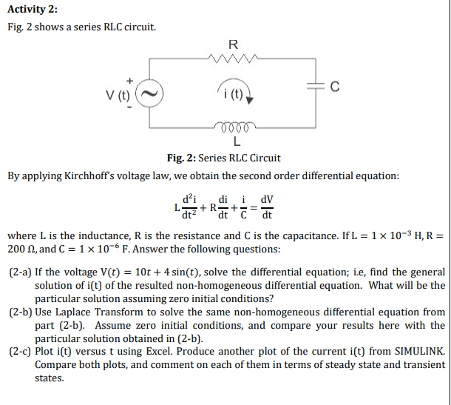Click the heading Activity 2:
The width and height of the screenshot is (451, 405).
pos(32,9)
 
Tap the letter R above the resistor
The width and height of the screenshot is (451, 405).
pos(234,44)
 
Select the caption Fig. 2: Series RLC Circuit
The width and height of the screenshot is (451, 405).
pos(223,158)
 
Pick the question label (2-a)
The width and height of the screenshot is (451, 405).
pos(20,272)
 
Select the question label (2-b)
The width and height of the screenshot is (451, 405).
pos(20,312)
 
